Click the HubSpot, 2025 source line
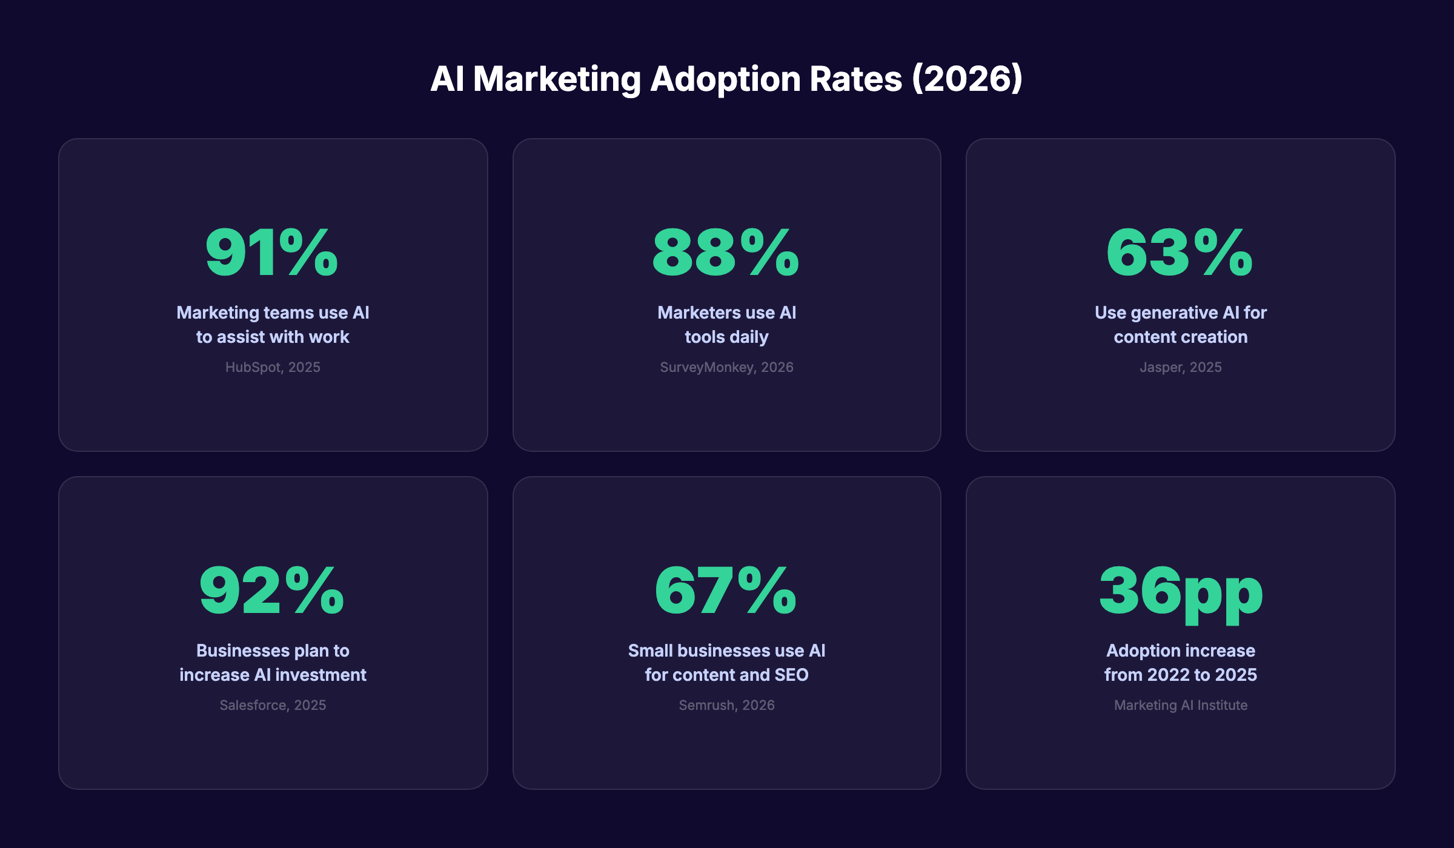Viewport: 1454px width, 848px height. tap(273, 368)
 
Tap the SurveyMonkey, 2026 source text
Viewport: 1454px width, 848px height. tap(726, 368)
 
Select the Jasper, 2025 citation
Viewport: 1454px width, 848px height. tap(1180, 368)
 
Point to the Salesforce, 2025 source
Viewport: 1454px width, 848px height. tap(273, 706)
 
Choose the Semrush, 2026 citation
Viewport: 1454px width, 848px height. tap(726, 706)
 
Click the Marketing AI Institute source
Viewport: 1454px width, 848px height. tap(1180, 706)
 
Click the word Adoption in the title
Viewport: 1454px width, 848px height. tap(725, 80)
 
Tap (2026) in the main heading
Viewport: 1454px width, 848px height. tap(968, 80)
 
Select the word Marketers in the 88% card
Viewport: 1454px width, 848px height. tap(690, 313)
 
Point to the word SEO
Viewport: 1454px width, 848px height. tap(791, 675)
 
